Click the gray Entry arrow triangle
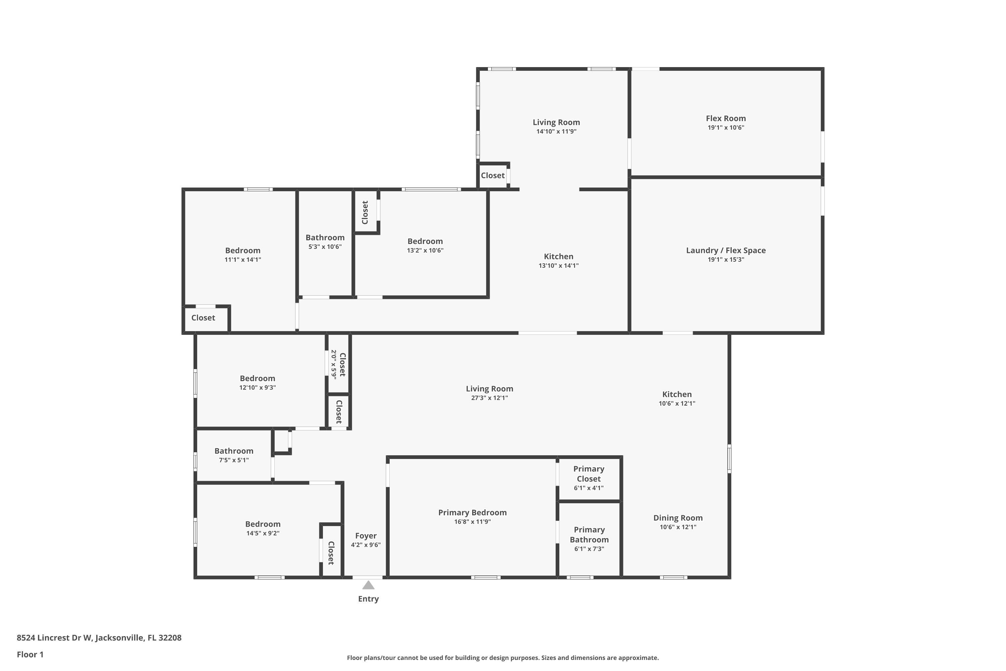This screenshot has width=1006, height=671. coord(368,585)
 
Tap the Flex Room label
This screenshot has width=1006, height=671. coord(726,118)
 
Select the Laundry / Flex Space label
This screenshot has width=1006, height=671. coord(726,250)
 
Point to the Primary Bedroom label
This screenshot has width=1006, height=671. coord(472,513)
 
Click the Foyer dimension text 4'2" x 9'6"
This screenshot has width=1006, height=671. coord(366,545)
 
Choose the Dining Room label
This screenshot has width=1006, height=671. coord(678,518)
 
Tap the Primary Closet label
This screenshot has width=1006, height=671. coord(589,474)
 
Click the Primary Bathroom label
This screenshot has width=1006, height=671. coord(589,534)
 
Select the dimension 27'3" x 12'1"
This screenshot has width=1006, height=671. coord(489,398)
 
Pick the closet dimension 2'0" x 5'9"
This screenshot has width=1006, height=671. coord(334,364)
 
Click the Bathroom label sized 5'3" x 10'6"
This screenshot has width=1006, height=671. coord(325,238)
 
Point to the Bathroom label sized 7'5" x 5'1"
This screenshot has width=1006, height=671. coord(234,451)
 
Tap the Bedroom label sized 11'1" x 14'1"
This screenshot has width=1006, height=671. coord(242,251)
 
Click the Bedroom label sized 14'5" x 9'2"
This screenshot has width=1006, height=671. coord(263,524)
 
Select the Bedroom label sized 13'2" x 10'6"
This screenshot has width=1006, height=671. coord(425,241)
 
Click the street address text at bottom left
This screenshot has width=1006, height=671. coord(99,638)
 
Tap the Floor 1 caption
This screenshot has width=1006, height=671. coord(30,654)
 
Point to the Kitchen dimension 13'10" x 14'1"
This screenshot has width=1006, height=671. coord(559,266)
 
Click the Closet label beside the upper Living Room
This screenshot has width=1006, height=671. coord(493,175)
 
